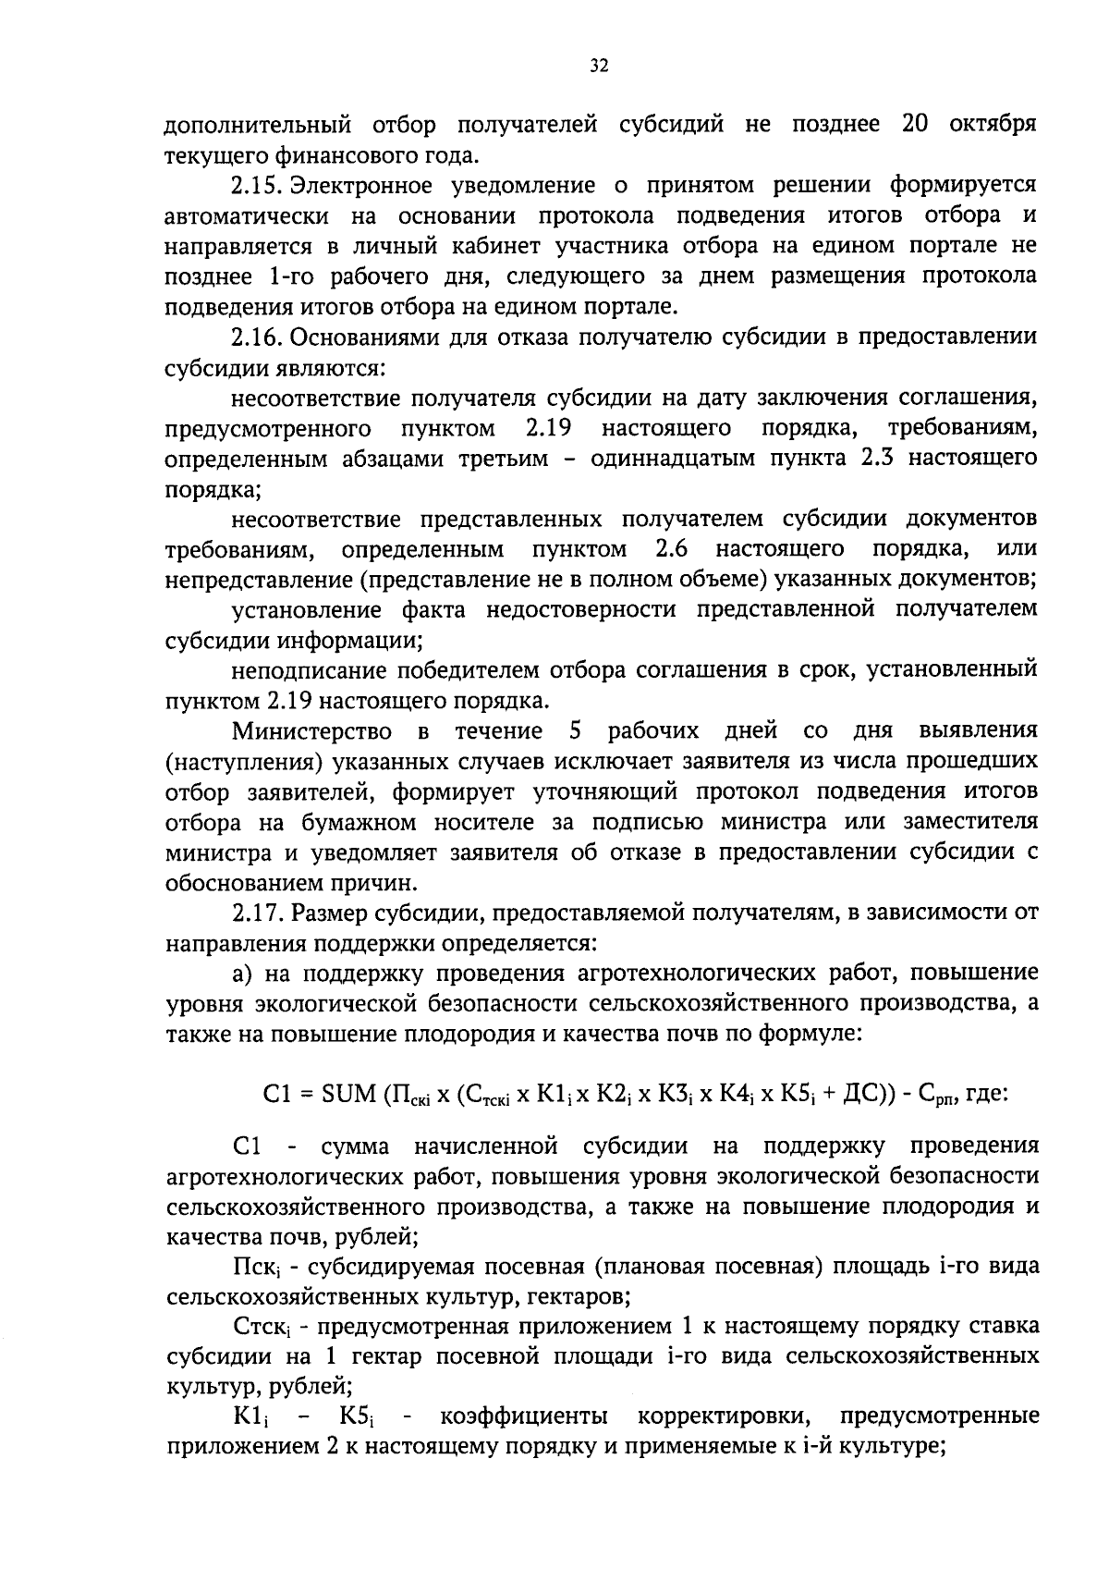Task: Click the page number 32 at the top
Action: point(599,67)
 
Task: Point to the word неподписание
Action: point(306,670)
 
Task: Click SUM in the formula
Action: point(347,1095)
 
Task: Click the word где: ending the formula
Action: point(986,1095)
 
